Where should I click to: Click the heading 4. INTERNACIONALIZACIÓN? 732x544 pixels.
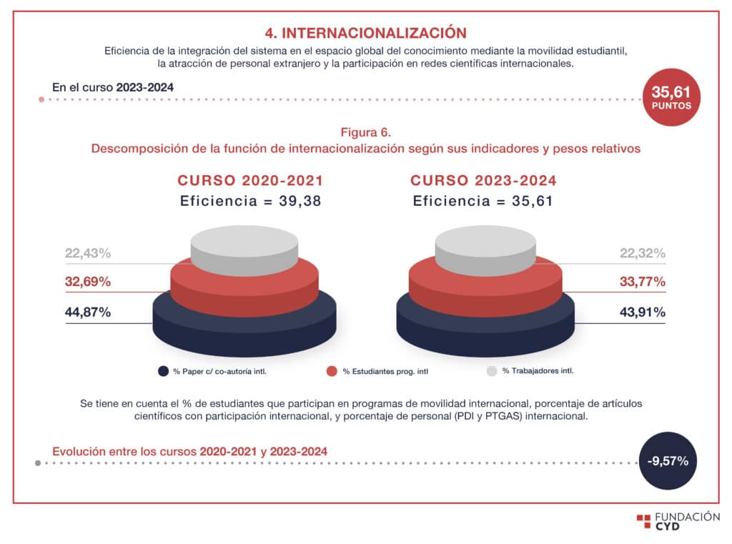pos(365,33)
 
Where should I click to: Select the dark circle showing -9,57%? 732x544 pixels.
pos(667,461)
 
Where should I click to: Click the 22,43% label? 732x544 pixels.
pos(87,253)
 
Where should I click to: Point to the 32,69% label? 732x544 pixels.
pos(87,282)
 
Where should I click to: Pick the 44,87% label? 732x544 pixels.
pos(87,312)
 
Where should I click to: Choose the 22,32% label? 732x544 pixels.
pos(642,253)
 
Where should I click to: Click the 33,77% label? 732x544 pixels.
pos(642,282)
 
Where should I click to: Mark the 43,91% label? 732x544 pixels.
pos(642,312)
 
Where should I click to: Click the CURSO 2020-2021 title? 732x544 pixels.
pos(250,181)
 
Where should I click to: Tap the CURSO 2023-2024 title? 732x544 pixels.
pos(483,181)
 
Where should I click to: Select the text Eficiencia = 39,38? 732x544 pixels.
pos(250,202)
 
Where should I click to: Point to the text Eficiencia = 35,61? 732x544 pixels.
pos(483,202)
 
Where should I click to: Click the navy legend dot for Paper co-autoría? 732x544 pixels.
pos(162,371)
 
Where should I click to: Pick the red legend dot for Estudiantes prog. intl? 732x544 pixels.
pos(331,371)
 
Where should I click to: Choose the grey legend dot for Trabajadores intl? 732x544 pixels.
pos(491,371)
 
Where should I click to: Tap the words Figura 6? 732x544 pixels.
pos(365,132)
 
